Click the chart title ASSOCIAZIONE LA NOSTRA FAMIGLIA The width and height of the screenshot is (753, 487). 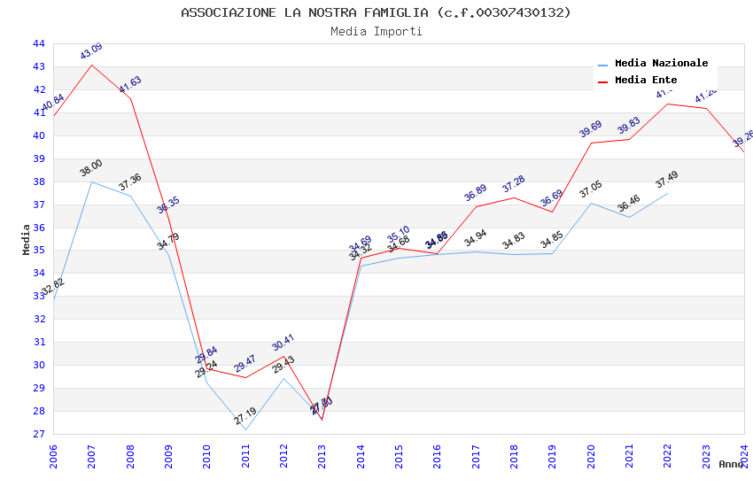[376, 12]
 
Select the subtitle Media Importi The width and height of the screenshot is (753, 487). [376, 32]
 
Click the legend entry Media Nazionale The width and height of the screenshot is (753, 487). [661, 64]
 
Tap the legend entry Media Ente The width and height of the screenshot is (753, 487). [645, 81]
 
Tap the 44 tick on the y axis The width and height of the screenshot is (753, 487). [38, 43]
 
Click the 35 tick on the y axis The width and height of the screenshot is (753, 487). [38, 251]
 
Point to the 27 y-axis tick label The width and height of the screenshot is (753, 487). [38, 435]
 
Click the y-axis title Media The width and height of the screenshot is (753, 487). [27, 239]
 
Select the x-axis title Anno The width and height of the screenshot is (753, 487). [731, 464]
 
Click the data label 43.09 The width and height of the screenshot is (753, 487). [91, 51]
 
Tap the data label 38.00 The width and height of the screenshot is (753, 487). [91, 168]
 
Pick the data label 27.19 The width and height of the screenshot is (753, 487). [245, 416]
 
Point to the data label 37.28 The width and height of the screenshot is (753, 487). [514, 184]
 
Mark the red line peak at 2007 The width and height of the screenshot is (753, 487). [92, 65]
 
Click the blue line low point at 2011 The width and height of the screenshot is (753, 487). [245, 430]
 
